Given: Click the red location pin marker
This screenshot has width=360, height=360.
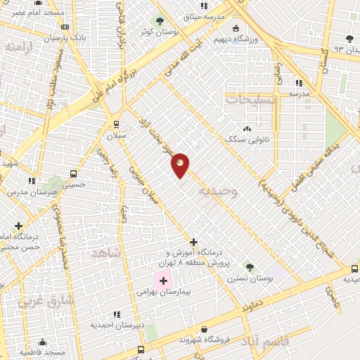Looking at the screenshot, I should click(x=180, y=165).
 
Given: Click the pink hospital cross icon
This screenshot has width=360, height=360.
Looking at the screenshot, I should click(x=163, y=281).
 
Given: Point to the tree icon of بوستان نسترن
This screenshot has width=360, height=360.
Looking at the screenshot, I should click(x=249, y=266).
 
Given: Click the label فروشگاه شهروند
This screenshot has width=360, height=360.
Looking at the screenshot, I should click(x=205, y=340).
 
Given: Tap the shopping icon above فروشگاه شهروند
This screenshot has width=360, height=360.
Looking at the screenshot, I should click(x=205, y=329).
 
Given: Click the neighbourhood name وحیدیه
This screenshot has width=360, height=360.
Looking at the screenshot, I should click(x=218, y=191).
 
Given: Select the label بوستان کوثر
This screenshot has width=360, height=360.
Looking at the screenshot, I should click(x=157, y=32).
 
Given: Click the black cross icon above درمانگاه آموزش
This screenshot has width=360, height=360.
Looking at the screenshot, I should click(x=193, y=242).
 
